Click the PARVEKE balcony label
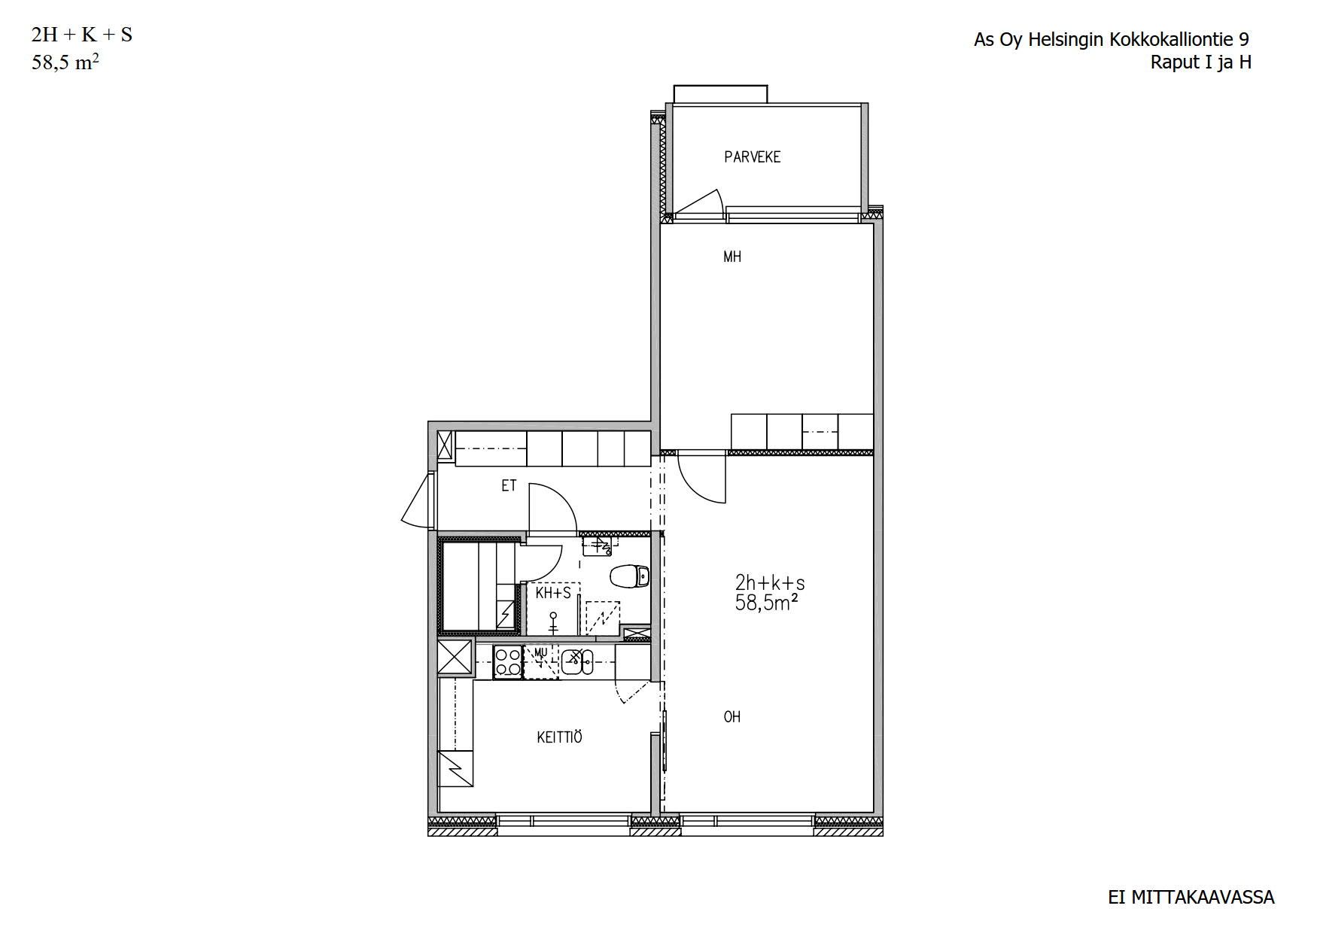tap(752, 157)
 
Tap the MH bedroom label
tap(732, 257)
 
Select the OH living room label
tap(732, 717)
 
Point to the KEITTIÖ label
tap(559, 737)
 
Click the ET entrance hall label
tap(509, 486)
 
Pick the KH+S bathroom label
tap(553, 593)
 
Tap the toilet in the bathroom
tap(629, 577)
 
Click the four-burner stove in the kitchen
tap(508, 662)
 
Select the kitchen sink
tap(577, 661)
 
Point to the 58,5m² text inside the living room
tap(766, 603)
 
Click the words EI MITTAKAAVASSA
tap(1191, 898)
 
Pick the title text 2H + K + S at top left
tap(81, 35)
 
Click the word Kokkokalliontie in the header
tap(1167, 40)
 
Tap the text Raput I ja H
tap(1201, 62)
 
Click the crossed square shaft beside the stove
tap(455, 657)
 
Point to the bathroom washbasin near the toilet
tap(600, 546)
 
